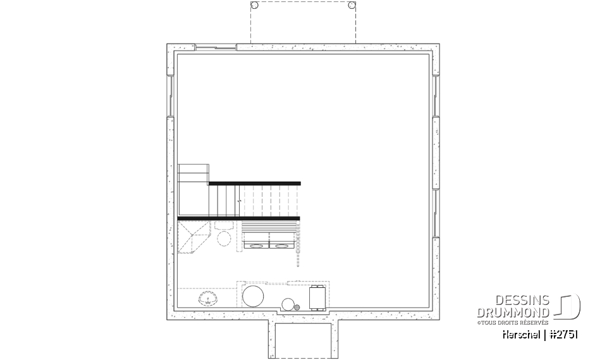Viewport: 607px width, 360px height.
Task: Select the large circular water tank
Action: coord(254,295)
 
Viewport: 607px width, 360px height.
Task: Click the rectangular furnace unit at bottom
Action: coord(317,297)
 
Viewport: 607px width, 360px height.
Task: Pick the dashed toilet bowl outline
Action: coord(224,239)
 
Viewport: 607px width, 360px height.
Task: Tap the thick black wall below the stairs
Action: coord(238,218)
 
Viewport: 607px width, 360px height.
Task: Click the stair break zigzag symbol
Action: coord(239,201)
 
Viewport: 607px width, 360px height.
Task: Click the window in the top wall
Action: coord(215,47)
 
